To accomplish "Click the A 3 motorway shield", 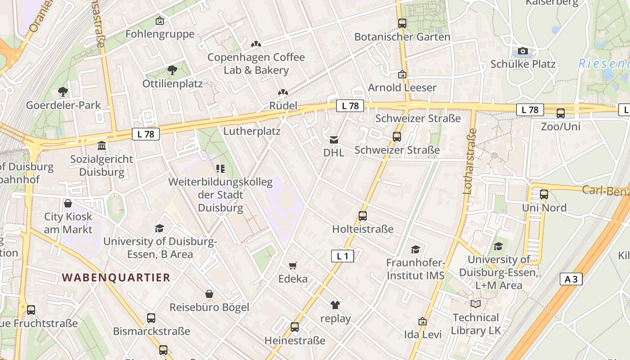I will [x=571, y=279].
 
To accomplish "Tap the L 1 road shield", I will [x=342, y=256].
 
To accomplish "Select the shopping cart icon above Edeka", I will [x=293, y=265].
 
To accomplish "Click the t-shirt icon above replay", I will [x=335, y=305].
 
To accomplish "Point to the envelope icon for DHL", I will [x=334, y=140].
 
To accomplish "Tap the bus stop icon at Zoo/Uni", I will [x=560, y=113].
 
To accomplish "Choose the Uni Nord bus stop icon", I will [x=544, y=194].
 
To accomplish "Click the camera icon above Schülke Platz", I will [x=522, y=51].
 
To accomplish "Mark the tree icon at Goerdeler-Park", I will [x=63, y=92].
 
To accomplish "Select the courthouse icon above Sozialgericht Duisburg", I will [x=102, y=146].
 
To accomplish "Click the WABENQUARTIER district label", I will [x=116, y=277].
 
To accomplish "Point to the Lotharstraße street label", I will [x=469, y=161].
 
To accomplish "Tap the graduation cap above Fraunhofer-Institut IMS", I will [x=415, y=249].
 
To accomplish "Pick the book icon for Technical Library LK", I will [x=476, y=304].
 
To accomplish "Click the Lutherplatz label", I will [x=252, y=131].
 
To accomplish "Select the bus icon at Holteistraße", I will [x=363, y=216].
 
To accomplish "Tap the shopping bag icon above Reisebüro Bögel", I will [x=209, y=294].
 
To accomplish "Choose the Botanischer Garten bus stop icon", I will [x=402, y=23].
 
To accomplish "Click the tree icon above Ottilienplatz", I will [x=172, y=70].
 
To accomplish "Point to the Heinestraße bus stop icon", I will [x=295, y=327].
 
